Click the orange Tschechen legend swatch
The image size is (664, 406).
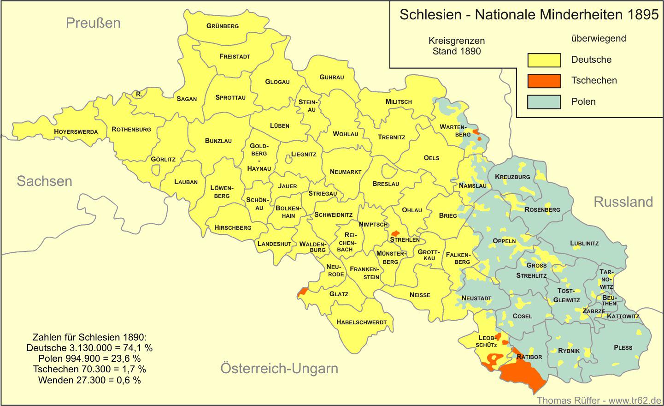click(544, 81)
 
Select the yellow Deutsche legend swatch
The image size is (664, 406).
click(544, 60)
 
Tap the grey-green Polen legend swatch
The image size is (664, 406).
click(544, 101)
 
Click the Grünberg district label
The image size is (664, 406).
click(223, 26)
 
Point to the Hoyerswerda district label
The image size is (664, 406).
click(76, 131)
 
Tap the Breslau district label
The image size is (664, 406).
click(386, 184)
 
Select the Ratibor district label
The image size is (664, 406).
click(529, 357)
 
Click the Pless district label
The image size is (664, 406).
click(623, 347)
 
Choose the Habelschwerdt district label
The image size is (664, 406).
click(361, 322)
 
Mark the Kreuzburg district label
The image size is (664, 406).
click(512, 177)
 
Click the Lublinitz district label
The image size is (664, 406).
click(584, 243)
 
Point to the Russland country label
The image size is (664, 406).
click(623, 202)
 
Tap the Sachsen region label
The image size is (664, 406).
click(45, 181)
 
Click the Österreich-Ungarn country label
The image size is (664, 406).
click(279, 368)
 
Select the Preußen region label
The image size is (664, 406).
click(93, 23)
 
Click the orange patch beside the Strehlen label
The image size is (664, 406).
click(395, 233)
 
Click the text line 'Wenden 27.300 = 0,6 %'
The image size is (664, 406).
click(89, 380)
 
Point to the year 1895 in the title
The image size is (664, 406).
click(643, 15)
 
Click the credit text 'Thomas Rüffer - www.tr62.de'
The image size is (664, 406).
click(599, 400)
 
